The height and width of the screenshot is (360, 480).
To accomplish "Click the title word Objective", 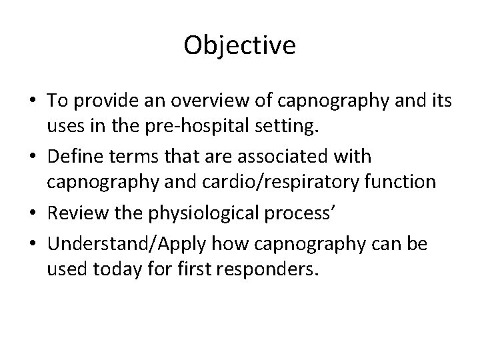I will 239,46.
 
